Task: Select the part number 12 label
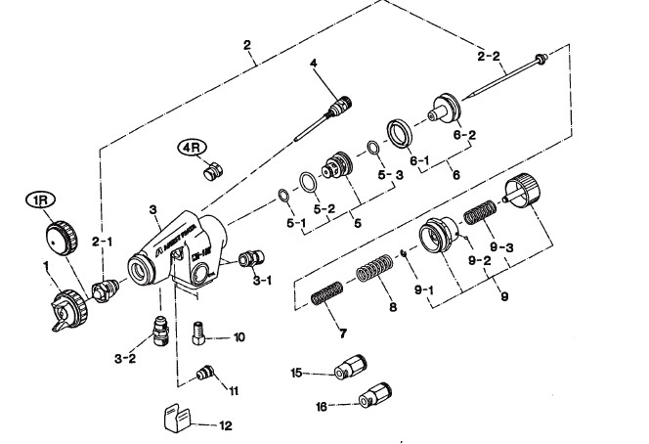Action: point(227,425)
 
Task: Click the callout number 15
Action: point(297,373)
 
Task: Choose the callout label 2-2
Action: point(489,56)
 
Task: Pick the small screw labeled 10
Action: point(200,333)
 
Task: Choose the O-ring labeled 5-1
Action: point(281,196)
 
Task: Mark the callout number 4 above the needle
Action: point(315,65)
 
